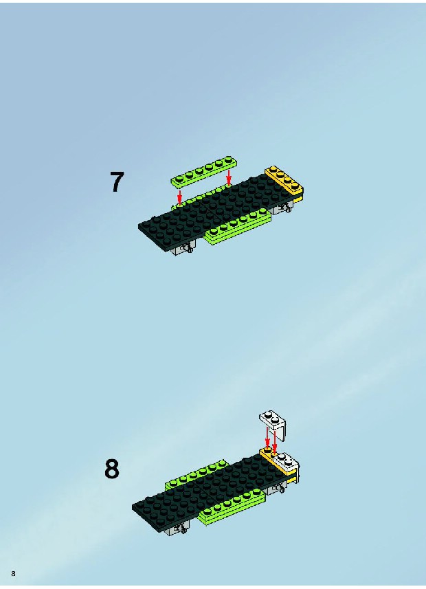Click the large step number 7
[x=116, y=182]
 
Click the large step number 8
[x=111, y=469]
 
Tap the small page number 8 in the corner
[x=13, y=573]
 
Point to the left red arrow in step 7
[x=179, y=197]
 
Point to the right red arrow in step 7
[x=228, y=177]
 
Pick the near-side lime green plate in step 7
[x=238, y=227]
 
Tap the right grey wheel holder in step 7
[x=282, y=208]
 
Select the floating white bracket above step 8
[x=274, y=425]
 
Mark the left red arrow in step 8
[x=267, y=438]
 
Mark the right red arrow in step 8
[x=275, y=441]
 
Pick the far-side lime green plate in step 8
[x=196, y=476]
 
